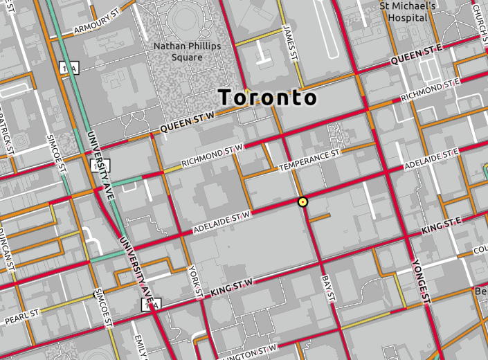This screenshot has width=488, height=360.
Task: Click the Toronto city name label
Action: point(268,98)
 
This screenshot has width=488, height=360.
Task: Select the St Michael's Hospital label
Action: point(408,11)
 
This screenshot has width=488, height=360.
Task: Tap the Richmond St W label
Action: point(213,155)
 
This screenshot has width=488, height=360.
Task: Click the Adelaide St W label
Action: point(221,222)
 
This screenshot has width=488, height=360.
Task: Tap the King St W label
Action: point(232,286)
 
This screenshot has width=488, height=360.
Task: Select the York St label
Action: point(195,277)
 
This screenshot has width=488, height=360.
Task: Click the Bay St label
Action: point(328,287)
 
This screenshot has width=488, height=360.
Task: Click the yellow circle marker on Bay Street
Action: point(302,202)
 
